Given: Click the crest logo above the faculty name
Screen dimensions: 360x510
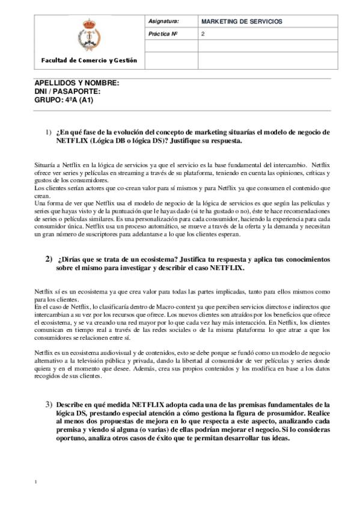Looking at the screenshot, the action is tap(87, 35).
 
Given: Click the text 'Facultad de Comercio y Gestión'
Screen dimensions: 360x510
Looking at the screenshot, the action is tap(88, 60).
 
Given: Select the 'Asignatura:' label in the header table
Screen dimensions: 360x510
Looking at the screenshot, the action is tap(162, 22).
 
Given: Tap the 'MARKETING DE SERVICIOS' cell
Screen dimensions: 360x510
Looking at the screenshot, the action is tap(242, 22).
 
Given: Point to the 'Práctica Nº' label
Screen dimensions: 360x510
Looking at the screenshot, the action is tap(162, 34).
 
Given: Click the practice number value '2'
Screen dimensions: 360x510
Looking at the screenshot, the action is tap(203, 34).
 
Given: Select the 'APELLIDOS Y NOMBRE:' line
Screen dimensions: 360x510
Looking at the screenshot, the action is tap(77, 83).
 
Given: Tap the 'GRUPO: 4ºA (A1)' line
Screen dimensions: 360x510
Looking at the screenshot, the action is tap(64, 100).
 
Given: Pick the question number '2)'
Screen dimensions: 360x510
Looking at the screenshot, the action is tap(49, 259).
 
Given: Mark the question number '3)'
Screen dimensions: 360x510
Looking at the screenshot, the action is tap(49, 404).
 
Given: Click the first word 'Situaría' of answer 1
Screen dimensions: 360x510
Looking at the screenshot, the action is tap(46, 164).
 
